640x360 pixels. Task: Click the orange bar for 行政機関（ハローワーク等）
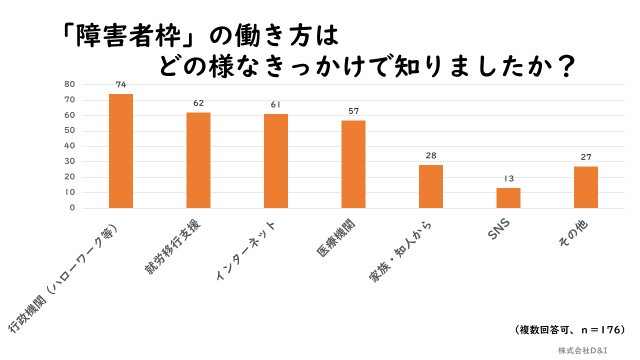(x=121, y=151)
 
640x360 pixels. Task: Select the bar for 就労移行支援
(x=198, y=160)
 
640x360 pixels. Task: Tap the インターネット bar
(x=276, y=161)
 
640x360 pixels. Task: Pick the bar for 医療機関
(x=353, y=164)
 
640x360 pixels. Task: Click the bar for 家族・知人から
(x=431, y=186)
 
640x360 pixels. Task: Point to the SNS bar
(x=508, y=198)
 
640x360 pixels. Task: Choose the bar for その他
(x=586, y=187)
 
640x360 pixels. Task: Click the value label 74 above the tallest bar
(x=121, y=84)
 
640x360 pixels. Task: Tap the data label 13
(x=508, y=178)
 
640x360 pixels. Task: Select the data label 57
(x=353, y=111)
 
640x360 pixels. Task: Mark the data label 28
(x=431, y=155)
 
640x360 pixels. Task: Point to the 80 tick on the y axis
(x=69, y=84)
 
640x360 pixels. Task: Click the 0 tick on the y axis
(x=72, y=208)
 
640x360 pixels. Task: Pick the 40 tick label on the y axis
(x=69, y=146)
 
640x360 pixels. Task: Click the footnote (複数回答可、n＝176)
(x=569, y=330)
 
